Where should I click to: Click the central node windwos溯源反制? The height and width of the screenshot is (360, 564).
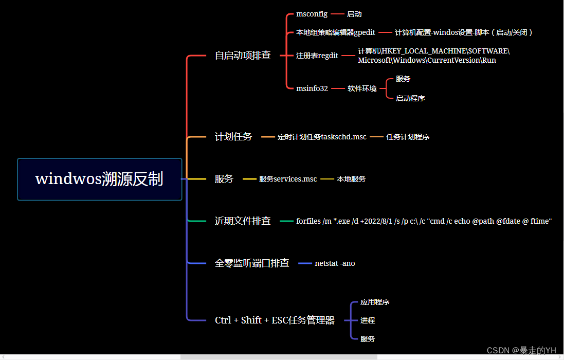pyautogui.click(x=99, y=179)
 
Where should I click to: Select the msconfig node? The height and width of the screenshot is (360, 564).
pyautogui.click(x=312, y=14)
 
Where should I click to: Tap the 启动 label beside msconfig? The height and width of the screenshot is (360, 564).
pyautogui.click(x=354, y=14)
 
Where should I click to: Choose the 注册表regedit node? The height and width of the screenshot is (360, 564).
pyautogui.click(x=317, y=56)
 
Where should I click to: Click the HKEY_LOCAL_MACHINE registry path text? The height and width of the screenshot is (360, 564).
pyautogui.click(x=433, y=56)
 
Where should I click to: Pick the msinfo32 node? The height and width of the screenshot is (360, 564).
pyautogui.click(x=312, y=88)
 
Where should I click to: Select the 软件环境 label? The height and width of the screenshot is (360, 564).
pyautogui.click(x=362, y=88)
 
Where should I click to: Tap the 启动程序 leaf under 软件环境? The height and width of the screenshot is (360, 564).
pyautogui.click(x=410, y=98)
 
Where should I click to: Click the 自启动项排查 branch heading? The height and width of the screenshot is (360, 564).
pyautogui.click(x=243, y=56)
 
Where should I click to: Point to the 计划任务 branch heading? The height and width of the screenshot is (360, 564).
pyautogui.click(x=233, y=137)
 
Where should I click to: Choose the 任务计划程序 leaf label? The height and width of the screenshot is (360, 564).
pyautogui.click(x=408, y=137)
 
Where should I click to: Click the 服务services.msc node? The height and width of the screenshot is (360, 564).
pyautogui.click(x=288, y=179)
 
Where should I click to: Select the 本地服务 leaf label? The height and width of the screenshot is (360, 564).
pyautogui.click(x=351, y=179)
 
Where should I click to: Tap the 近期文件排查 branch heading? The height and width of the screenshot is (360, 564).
pyautogui.click(x=243, y=221)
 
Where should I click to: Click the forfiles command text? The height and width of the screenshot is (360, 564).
pyautogui.click(x=424, y=221)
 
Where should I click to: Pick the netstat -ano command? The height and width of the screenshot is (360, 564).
pyautogui.click(x=335, y=263)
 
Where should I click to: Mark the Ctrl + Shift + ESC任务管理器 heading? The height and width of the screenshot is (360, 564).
pyautogui.click(x=275, y=320)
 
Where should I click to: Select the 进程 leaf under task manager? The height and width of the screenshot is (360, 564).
pyautogui.click(x=368, y=320)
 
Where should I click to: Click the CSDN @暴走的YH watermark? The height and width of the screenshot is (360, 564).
pyautogui.click(x=521, y=350)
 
